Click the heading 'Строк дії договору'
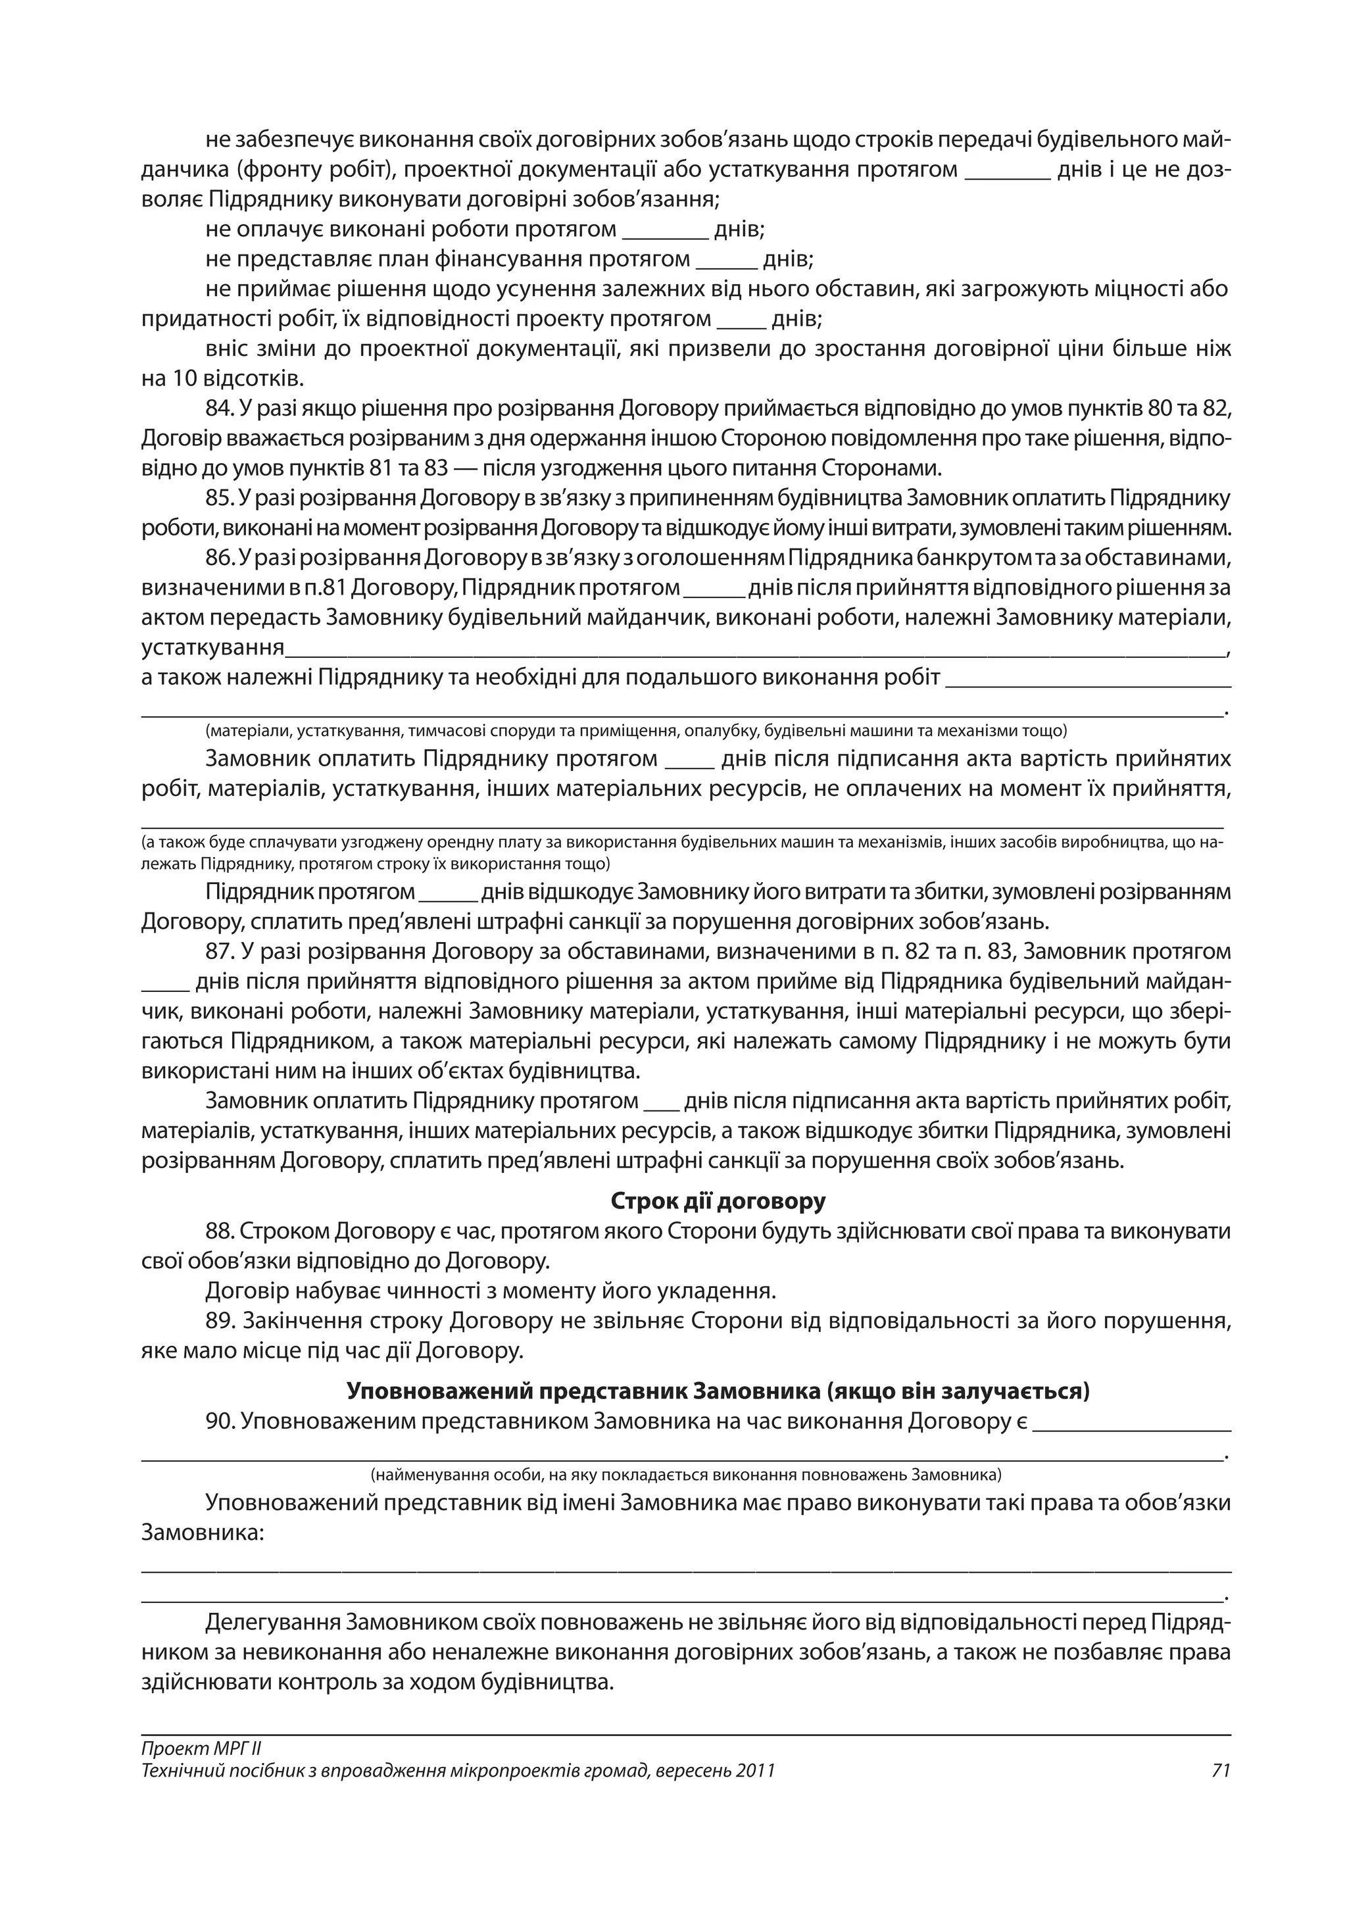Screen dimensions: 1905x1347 pyautogui.click(x=718, y=1201)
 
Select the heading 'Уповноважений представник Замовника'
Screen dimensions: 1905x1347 pyautogui.click(x=718, y=1391)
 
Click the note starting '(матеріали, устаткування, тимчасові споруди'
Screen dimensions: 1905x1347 pyautogui.click(x=635, y=731)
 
